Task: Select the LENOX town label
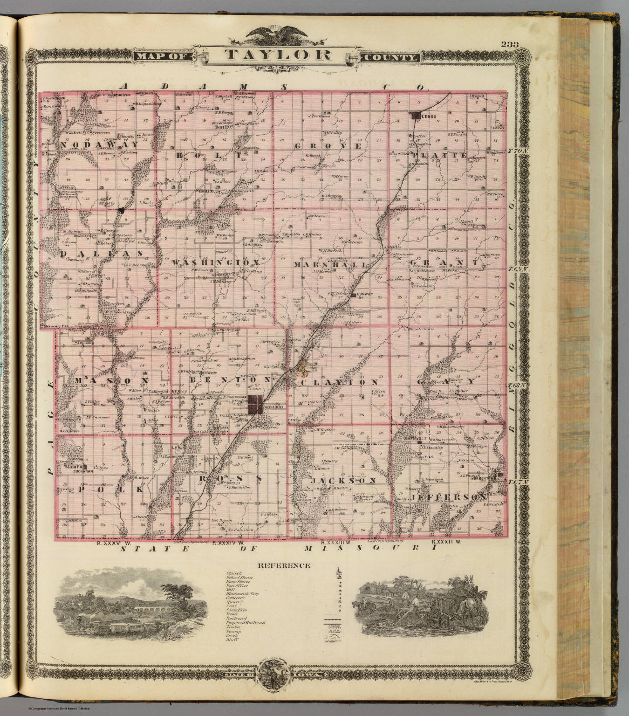(x=429, y=116)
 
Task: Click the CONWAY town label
(x=366, y=295)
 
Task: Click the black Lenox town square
(x=414, y=115)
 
